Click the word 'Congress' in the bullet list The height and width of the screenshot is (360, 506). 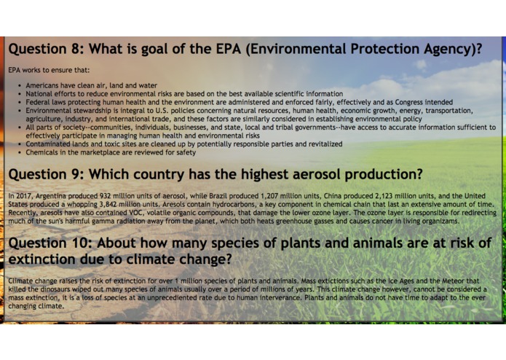tap(394, 103)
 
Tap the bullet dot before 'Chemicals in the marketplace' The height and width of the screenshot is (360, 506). tap(19, 153)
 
